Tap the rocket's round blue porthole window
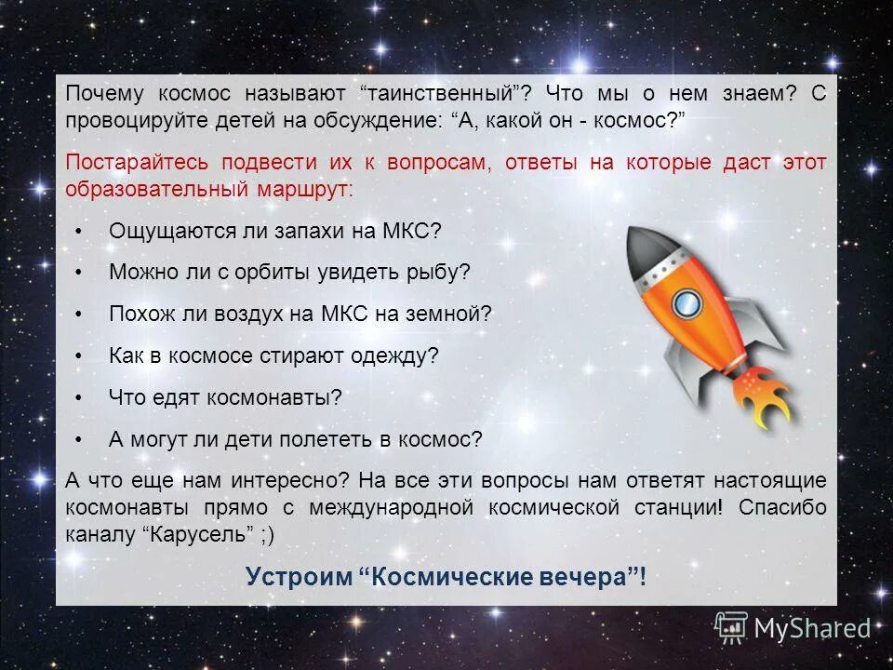(686, 301)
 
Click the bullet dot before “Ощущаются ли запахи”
(79, 231)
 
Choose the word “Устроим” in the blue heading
(298, 577)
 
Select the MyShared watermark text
(811, 628)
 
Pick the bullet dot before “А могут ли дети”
(79, 439)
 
